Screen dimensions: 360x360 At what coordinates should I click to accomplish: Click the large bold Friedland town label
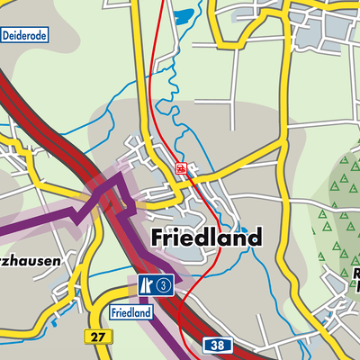(x=206, y=238)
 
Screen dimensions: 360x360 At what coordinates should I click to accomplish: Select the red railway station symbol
(x=181, y=168)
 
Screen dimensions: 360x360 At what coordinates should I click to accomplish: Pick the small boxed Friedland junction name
(x=130, y=312)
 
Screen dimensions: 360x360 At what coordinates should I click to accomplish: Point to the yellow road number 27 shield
(x=99, y=336)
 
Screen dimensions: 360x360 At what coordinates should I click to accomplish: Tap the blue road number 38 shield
(x=215, y=345)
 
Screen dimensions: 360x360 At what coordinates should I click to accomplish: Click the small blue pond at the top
(x=184, y=16)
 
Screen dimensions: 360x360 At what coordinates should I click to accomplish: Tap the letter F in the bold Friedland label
(x=157, y=238)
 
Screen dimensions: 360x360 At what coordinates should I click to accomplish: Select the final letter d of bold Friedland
(x=255, y=238)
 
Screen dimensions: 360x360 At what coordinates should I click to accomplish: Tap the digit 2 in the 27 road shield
(x=95, y=336)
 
